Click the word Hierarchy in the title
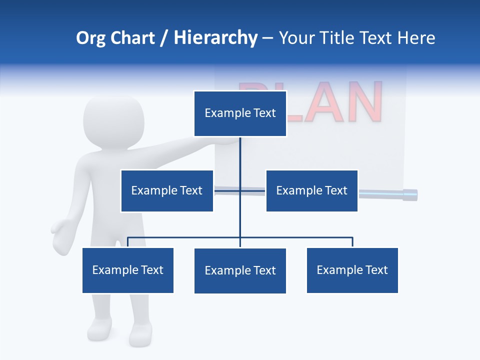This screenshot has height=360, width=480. tap(215, 38)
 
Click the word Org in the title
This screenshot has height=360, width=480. tap(91, 38)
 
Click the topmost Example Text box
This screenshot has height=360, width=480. tap(240, 113)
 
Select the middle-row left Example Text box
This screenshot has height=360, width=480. tap(166, 190)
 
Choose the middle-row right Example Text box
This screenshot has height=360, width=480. tap(311, 190)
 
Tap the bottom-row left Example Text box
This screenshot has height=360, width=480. tap(128, 270)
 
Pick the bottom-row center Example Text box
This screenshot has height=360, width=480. tap(240, 270)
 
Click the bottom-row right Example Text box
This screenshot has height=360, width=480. tap(352, 270)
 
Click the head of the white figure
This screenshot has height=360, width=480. tap(113, 122)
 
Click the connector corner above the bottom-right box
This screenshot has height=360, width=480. tap(352, 238)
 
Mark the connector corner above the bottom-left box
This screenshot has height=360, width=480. tap(128, 238)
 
